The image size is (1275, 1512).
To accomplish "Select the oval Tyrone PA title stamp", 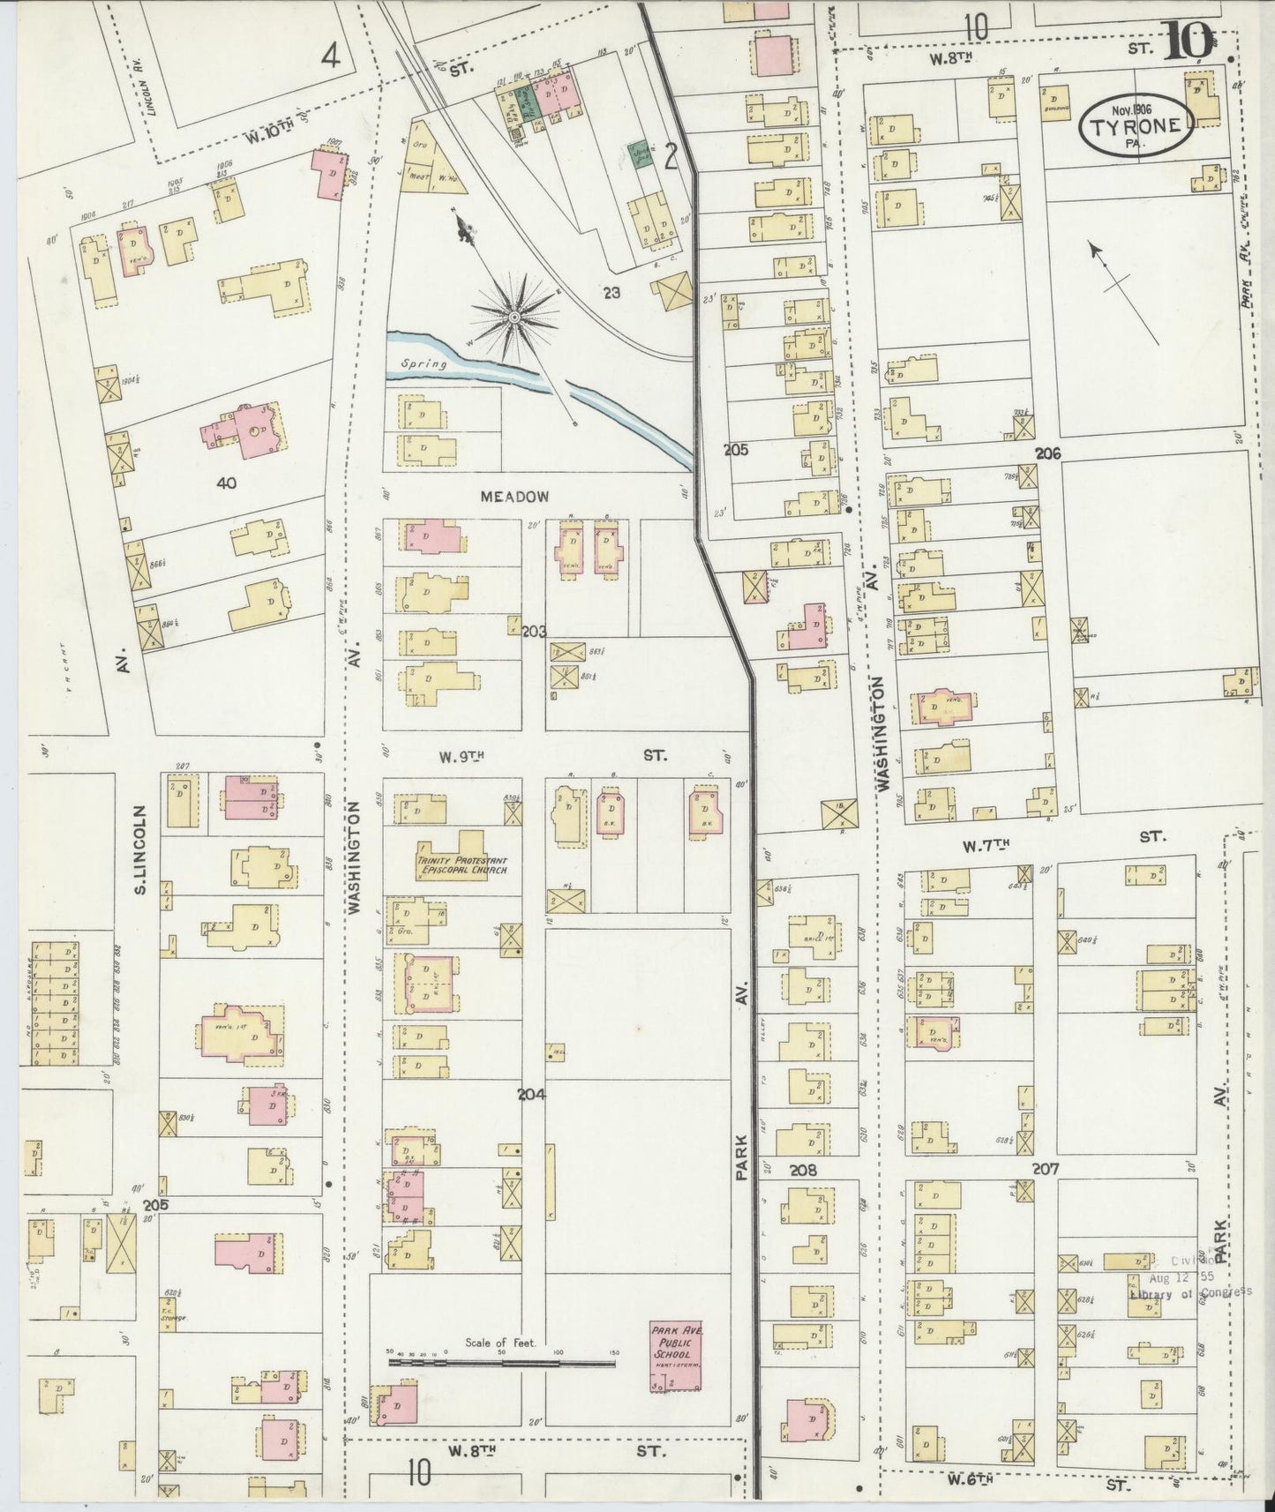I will [1135, 124].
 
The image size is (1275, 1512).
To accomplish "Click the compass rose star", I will [513, 315].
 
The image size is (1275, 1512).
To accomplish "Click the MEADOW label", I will [514, 498].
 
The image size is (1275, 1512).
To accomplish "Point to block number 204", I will [531, 1095].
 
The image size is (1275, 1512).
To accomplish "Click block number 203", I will [535, 632].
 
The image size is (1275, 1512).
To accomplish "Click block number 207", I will [1046, 1170].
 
